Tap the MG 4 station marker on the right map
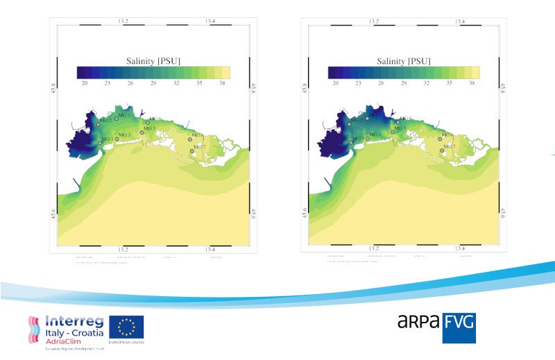click(x=367, y=119)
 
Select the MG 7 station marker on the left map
click(x=191, y=151)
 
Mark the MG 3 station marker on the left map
click(x=117, y=139)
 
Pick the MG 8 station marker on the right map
click(x=440, y=139)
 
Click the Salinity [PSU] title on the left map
click(x=153, y=61)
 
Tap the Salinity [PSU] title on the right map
click(x=403, y=61)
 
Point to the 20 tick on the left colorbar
click(x=85, y=83)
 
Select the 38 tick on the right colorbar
click(x=472, y=83)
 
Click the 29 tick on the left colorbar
click(x=153, y=83)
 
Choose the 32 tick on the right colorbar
click(x=427, y=83)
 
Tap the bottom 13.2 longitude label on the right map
click(x=373, y=248)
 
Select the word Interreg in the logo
click(x=76, y=321)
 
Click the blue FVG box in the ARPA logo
click(x=459, y=328)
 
